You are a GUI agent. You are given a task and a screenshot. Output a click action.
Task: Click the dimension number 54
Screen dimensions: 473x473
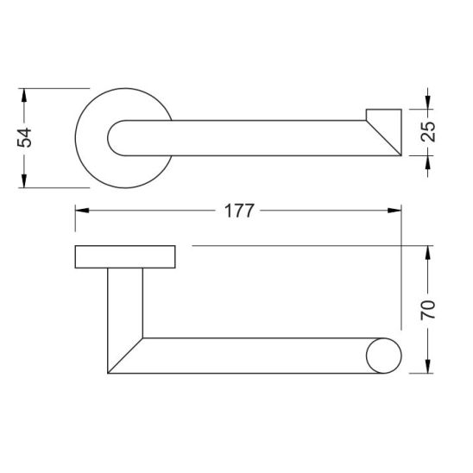tap(26, 136)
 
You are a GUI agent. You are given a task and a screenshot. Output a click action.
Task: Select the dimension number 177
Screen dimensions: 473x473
tap(237, 210)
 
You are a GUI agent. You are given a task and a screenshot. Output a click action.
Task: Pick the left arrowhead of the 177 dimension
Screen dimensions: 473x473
tap(82, 210)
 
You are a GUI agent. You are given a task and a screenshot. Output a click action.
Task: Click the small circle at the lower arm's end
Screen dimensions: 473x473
tap(383, 356)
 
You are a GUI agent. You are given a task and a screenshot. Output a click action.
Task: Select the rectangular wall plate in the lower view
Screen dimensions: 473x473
tap(126, 257)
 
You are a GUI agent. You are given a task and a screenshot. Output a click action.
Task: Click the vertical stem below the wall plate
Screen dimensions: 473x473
tap(125, 302)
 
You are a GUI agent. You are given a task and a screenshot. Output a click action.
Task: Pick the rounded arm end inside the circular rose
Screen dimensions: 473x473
tap(117, 138)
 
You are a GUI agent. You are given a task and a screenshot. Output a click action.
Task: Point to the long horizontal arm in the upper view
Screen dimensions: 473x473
tap(250, 138)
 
